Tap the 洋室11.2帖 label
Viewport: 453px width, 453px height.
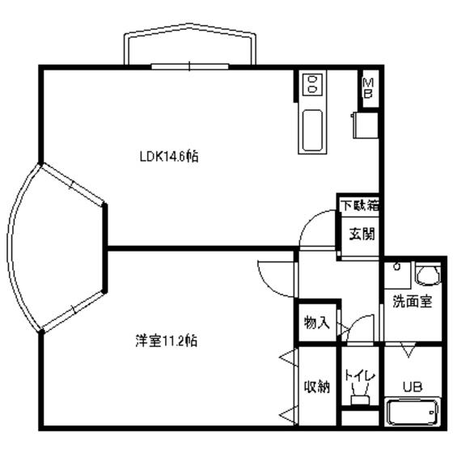tap(166, 341)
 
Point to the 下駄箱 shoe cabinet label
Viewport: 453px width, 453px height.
tap(359, 205)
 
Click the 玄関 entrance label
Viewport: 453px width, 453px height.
tap(361, 235)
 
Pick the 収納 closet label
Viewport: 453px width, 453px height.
tap(317, 386)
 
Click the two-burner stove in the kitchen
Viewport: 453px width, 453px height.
tap(312, 84)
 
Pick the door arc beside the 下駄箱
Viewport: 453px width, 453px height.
tap(316, 231)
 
